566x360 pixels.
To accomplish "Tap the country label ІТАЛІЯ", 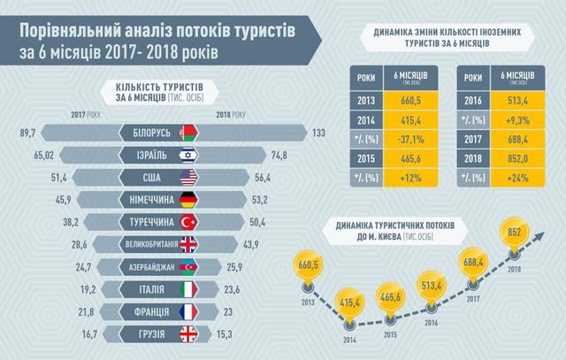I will (148, 289).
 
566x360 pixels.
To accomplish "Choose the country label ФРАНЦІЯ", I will (147, 312).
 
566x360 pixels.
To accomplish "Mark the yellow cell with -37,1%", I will (408, 138).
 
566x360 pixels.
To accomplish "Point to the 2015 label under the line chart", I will (387, 335).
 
